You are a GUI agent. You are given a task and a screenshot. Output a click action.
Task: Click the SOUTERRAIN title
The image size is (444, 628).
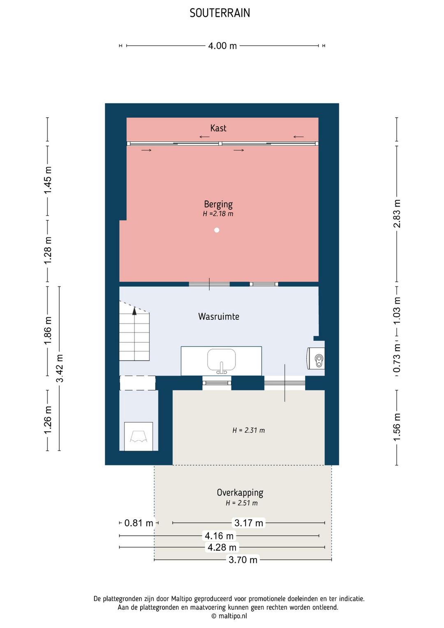(x=220, y=13)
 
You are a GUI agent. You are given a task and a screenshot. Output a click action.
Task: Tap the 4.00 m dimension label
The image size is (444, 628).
(x=222, y=46)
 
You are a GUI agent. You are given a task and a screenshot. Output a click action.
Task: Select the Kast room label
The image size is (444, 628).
(x=218, y=128)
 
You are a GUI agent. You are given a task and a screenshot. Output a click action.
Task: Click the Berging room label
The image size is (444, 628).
(x=218, y=204)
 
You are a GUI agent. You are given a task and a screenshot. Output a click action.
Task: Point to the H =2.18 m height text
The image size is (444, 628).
(x=218, y=214)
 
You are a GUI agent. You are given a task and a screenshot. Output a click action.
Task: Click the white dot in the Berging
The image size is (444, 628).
(x=217, y=230)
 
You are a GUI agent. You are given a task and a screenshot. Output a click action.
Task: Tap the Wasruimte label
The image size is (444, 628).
(x=219, y=316)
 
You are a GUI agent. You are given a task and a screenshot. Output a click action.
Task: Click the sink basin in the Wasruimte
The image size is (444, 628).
(x=221, y=360)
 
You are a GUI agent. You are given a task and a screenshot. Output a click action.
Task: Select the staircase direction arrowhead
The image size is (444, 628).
(x=134, y=311)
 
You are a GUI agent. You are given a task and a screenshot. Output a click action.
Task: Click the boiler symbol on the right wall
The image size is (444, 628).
(x=316, y=358)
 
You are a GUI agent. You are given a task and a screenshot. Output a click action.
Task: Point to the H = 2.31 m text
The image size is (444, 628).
(x=248, y=430)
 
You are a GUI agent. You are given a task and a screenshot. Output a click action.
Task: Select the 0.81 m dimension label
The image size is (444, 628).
(x=139, y=523)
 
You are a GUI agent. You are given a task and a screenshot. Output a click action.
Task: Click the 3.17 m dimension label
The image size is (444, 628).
(x=249, y=523)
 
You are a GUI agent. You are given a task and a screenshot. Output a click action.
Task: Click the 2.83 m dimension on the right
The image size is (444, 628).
(x=397, y=214)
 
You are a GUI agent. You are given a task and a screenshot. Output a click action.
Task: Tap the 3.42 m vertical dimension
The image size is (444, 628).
(x=60, y=368)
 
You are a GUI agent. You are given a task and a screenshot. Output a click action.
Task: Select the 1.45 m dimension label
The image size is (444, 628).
(x=48, y=180)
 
